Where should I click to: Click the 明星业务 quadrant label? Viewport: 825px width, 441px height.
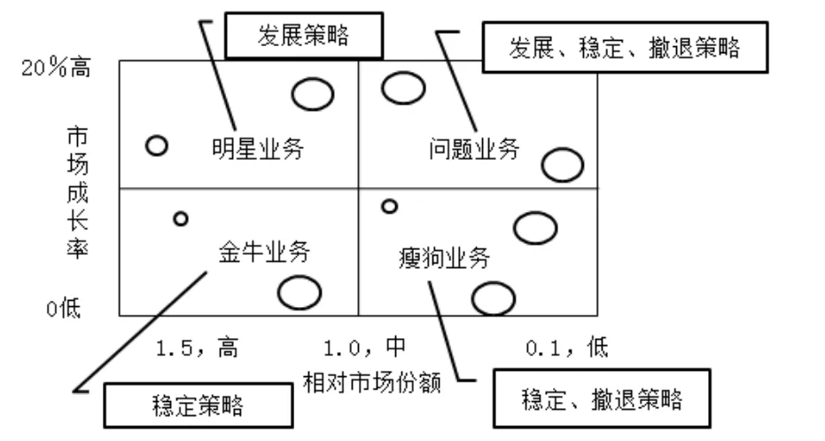pos(258,149)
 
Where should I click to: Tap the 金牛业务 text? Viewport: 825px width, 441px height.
pos(263,252)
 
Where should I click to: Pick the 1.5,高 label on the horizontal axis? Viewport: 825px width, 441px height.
pos(197,346)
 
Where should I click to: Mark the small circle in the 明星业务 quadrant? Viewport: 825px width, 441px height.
pos(157,146)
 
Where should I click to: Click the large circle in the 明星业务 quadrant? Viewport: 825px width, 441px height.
pos(313,94)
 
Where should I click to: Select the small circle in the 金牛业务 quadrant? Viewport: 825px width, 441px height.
pos(181,218)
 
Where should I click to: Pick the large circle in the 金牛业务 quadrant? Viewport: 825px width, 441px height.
pos(299,292)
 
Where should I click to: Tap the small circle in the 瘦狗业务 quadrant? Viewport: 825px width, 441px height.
pos(388,206)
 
